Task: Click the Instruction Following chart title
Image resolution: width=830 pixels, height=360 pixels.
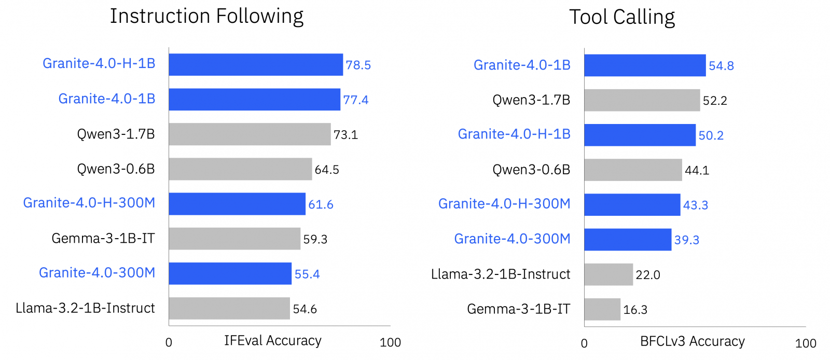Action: [x=206, y=17]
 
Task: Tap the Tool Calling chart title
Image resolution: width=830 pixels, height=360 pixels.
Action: [x=622, y=17]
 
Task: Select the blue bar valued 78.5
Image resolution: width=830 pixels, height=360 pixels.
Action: [x=256, y=65]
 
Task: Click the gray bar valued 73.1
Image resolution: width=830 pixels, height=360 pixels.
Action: [x=250, y=134]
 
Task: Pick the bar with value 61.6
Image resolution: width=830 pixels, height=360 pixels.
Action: [x=237, y=204]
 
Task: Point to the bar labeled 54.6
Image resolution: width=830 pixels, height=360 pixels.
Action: [x=229, y=309]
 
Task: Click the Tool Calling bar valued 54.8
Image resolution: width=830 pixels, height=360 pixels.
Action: [x=645, y=65]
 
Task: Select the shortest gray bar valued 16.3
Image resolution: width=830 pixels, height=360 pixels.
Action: [x=602, y=309]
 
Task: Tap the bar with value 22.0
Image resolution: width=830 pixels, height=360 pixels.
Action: [x=608, y=274]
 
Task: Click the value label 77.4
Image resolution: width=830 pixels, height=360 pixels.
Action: [x=356, y=100]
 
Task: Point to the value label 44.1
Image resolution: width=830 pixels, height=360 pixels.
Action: [x=697, y=170]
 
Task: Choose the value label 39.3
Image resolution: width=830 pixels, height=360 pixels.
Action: [x=687, y=240]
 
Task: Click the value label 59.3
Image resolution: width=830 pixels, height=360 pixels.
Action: [x=315, y=239]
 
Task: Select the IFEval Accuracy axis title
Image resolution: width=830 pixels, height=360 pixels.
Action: [x=273, y=341]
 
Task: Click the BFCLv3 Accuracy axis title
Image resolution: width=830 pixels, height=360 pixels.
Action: [x=693, y=341]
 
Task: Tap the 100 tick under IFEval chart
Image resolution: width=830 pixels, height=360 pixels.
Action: [x=390, y=343]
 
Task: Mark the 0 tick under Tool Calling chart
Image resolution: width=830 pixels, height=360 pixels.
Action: [x=584, y=343]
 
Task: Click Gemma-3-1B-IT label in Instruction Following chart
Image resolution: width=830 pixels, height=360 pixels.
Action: [x=103, y=239]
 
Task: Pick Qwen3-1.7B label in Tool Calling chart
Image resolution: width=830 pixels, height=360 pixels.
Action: [x=531, y=100]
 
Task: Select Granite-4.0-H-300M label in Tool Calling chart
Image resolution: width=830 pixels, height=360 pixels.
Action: [x=504, y=204]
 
